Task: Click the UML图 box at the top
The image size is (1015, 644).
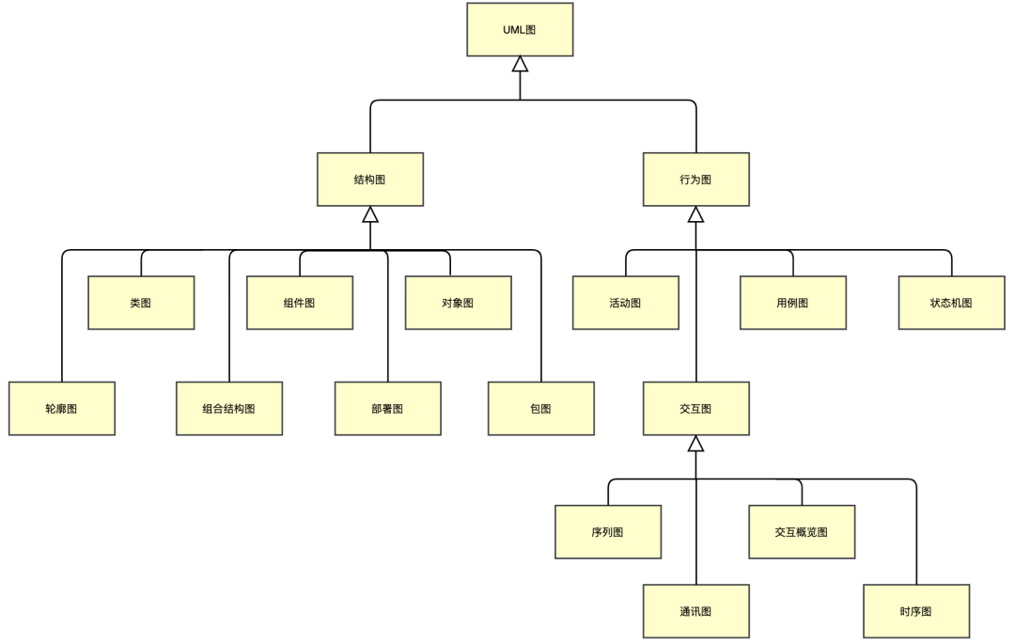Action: pyautogui.click(x=520, y=30)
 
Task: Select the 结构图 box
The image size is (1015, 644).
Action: pyautogui.click(x=370, y=180)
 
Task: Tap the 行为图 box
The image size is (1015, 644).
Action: pyautogui.click(x=695, y=180)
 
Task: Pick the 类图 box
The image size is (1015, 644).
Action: pyautogui.click(x=141, y=303)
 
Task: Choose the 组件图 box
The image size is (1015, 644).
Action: pyautogui.click(x=300, y=303)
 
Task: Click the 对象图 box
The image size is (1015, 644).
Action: pyautogui.click(x=458, y=303)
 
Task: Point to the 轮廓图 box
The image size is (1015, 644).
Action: pyautogui.click(x=62, y=409)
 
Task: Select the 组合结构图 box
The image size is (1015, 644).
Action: pyautogui.click(x=229, y=409)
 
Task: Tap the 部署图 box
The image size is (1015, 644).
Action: pyautogui.click(x=387, y=409)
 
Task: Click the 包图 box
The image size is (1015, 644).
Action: pyautogui.click(x=540, y=409)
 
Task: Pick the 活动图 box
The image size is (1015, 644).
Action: pyautogui.click(x=625, y=303)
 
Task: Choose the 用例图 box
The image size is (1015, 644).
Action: pyautogui.click(x=792, y=303)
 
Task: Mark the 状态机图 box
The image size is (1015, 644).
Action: pyautogui.click(x=951, y=303)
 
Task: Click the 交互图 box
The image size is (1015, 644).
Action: pyautogui.click(x=695, y=409)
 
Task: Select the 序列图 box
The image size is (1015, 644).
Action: pyautogui.click(x=607, y=532)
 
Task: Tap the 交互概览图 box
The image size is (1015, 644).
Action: pyautogui.click(x=802, y=532)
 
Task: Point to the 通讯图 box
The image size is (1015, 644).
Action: pyautogui.click(x=695, y=611)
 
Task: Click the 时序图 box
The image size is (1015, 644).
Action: pyautogui.click(x=915, y=611)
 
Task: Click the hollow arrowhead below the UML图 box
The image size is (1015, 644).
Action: pyautogui.click(x=520, y=64)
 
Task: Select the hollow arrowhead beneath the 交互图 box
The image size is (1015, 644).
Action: pyautogui.click(x=695, y=444)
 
